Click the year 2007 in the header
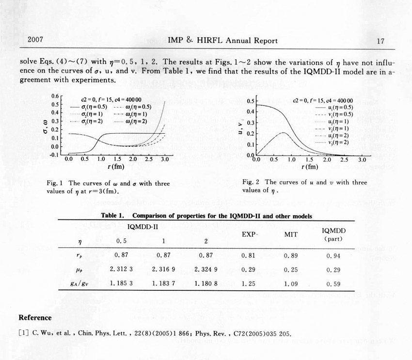point(36,40)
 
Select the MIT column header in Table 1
point(290,235)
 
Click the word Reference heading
point(35,318)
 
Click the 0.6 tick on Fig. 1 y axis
point(55,96)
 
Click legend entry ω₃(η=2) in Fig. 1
point(136,121)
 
